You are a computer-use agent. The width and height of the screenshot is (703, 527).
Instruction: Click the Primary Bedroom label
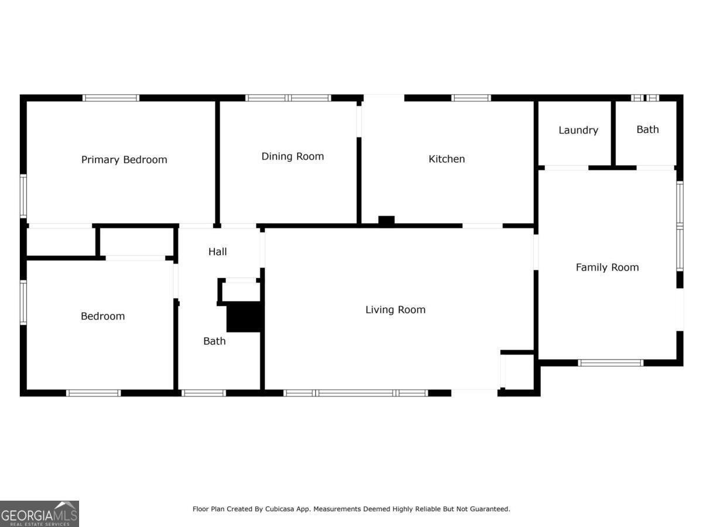(x=124, y=160)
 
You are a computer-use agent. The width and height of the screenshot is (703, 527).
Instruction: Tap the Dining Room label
(x=293, y=156)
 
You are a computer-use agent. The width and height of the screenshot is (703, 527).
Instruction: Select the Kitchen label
(x=447, y=159)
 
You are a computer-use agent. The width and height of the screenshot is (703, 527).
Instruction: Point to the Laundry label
(x=578, y=130)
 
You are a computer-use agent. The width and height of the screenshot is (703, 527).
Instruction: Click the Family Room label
(x=608, y=268)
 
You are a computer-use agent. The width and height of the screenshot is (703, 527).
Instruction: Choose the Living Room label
(x=395, y=310)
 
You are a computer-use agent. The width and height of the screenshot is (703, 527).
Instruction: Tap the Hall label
(x=218, y=252)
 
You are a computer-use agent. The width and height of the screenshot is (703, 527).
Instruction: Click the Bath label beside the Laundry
(x=647, y=129)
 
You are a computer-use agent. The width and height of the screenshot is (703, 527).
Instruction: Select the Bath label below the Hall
(x=214, y=341)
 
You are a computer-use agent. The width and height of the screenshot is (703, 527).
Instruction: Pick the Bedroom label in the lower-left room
(x=103, y=316)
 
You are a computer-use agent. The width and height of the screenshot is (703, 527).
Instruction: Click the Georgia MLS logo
(x=39, y=514)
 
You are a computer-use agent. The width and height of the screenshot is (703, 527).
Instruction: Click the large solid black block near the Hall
(x=245, y=317)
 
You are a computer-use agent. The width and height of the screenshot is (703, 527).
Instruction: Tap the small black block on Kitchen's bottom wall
(x=386, y=220)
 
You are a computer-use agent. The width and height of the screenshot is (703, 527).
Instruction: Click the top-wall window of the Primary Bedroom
(x=111, y=98)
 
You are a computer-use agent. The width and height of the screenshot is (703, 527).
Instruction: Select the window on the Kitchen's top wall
(x=471, y=98)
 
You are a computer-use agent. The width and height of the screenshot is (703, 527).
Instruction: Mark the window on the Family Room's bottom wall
(x=611, y=363)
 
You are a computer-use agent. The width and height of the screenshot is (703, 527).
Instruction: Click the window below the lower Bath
(x=204, y=393)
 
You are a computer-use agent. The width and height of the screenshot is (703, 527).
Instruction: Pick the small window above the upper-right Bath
(x=646, y=98)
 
